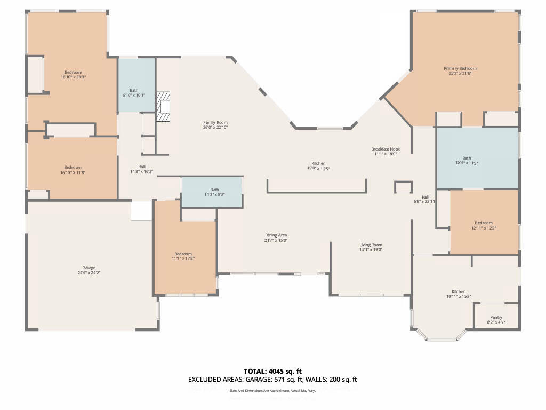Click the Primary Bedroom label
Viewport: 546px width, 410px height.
pos(460,71)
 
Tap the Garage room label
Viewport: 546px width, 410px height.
pos(89,270)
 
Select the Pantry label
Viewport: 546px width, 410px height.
pos(496,320)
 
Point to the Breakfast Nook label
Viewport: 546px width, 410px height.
pos(386,151)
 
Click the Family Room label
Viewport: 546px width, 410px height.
pos(215,125)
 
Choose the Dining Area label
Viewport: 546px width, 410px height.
pos(276,238)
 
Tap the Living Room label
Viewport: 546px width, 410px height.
pos(371,247)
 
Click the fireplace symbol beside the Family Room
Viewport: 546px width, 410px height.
pos(163,107)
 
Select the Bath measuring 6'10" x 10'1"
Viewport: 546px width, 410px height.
pos(133,92)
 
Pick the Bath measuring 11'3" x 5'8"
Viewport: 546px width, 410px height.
pos(214,192)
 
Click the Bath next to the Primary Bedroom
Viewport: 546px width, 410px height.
pos(467,161)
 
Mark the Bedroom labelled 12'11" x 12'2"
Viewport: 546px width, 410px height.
pos(484,225)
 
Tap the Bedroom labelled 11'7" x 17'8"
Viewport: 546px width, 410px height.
pos(183,256)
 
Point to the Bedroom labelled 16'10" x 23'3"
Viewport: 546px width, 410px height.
pos(73,75)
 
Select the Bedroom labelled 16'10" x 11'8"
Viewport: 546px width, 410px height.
pos(73,170)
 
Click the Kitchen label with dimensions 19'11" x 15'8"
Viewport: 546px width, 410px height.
pos(459,294)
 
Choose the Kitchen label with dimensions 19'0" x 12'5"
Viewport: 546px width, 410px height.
pos(318,166)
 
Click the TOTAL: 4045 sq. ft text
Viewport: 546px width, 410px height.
pos(272,371)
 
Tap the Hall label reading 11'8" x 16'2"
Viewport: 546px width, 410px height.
pos(141,169)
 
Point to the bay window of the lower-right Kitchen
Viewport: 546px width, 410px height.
pos(440,336)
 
